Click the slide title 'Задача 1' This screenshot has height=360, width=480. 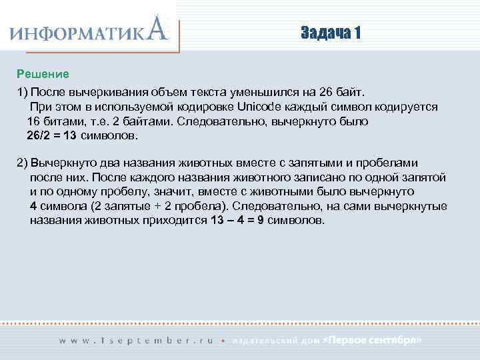tap(330, 33)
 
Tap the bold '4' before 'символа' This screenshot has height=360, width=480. tap(33, 205)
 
